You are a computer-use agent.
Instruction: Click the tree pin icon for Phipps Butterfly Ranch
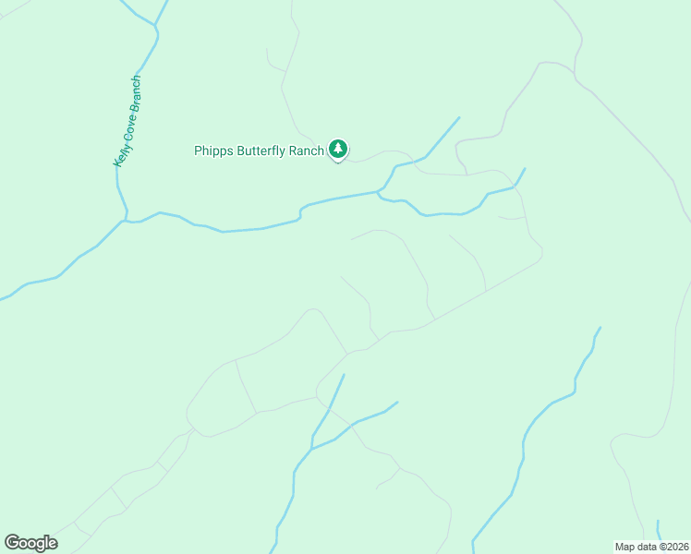tap(338, 148)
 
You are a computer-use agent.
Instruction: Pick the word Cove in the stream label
tap(128, 123)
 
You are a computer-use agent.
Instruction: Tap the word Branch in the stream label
tap(136, 92)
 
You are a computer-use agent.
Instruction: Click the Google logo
tap(30, 543)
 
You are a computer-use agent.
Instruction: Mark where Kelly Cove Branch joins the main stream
tap(125, 221)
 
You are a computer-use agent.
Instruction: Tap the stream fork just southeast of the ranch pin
tap(380, 192)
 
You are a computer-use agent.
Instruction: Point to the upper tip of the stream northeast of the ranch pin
tap(459, 117)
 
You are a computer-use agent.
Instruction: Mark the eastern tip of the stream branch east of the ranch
tap(525, 168)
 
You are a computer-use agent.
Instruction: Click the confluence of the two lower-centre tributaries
tap(313, 449)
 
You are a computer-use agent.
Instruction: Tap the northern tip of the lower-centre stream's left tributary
tap(344, 374)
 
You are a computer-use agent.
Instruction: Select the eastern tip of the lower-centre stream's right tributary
tap(397, 402)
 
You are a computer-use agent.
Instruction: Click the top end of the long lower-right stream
tap(600, 327)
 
